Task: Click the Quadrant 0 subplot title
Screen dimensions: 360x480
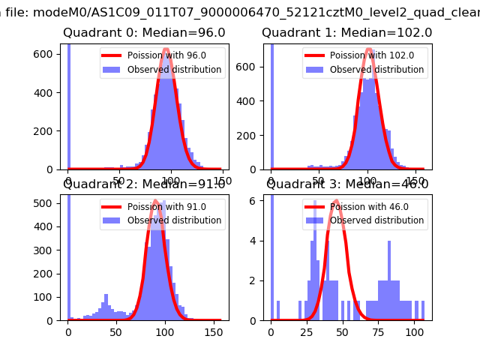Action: coord(144,33)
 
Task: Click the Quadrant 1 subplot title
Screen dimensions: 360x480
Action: coord(346,33)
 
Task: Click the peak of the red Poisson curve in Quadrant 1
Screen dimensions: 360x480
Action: coord(369,49)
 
